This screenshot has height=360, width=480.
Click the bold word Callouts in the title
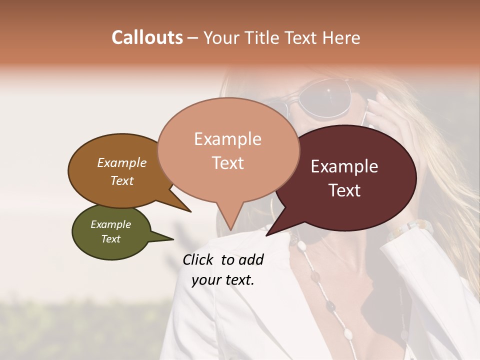tap(147, 37)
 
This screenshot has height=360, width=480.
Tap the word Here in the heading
tap(341, 38)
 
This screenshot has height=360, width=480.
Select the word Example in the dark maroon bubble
tap(344, 166)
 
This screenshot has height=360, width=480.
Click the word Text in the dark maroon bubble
tap(345, 190)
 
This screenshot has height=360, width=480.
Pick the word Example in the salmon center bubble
tap(227, 139)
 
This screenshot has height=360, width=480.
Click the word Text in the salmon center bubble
tap(228, 163)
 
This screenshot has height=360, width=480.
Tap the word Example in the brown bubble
tap(121, 163)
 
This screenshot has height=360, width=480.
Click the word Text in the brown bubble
tap(122, 180)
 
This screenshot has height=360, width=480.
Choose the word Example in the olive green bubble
tap(110, 224)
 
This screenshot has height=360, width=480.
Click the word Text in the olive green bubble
tap(111, 239)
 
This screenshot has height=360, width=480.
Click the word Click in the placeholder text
tap(198, 259)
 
